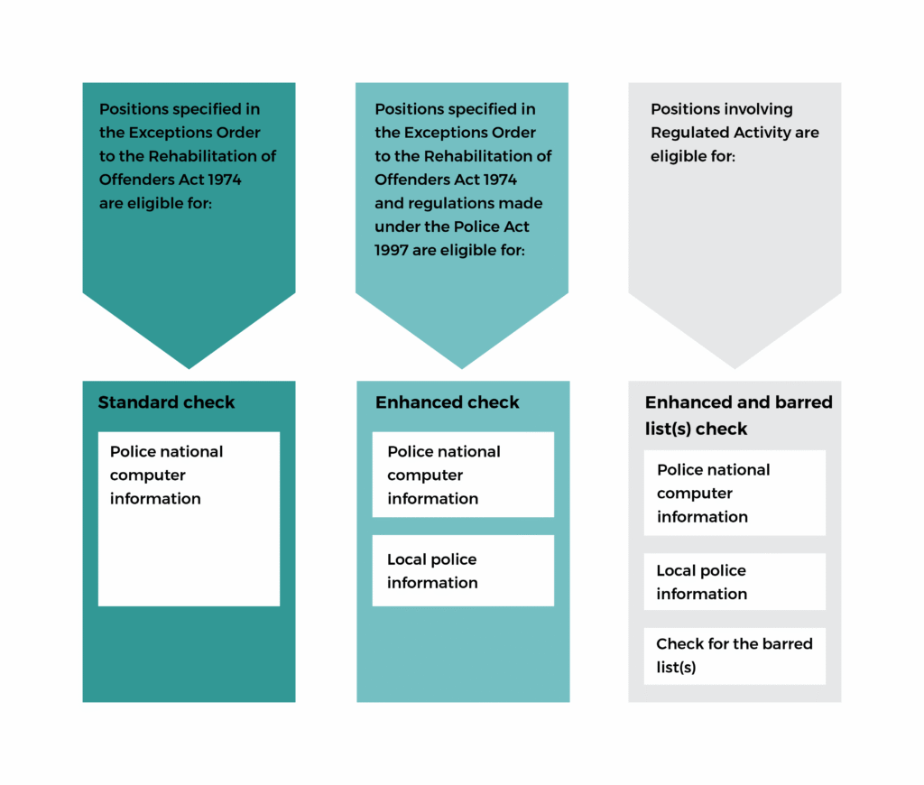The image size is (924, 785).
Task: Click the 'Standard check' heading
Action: [x=166, y=402]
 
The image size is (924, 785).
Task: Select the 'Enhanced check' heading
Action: [x=447, y=402]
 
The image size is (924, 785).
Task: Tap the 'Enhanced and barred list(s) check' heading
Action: [x=738, y=415]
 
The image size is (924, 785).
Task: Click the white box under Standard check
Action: [x=189, y=519]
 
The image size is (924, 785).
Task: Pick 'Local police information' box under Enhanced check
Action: [x=463, y=570]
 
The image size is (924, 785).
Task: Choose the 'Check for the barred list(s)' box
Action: [x=735, y=656]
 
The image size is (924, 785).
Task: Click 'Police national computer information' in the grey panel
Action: [x=735, y=493]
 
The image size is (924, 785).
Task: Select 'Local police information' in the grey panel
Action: [x=735, y=582]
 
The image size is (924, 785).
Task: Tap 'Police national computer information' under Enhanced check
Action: [x=463, y=475]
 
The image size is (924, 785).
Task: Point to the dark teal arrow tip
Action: [x=189, y=361]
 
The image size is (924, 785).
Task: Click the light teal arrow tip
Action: [x=462, y=361]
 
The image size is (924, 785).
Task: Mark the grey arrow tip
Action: [x=735, y=361]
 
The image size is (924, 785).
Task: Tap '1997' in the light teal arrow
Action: [x=392, y=250]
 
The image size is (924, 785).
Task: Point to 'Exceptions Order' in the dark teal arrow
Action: [x=193, y=133]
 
